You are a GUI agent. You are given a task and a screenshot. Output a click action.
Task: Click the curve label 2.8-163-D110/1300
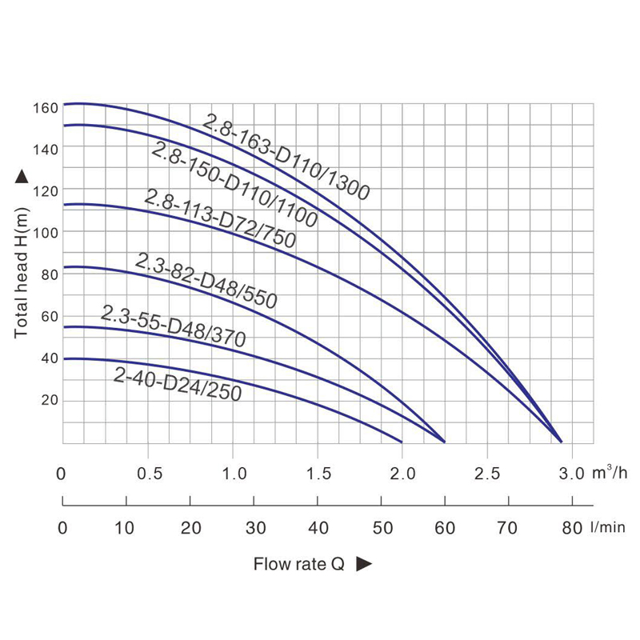pos(286,157)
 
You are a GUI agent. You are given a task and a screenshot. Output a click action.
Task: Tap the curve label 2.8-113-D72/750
pos(219,218)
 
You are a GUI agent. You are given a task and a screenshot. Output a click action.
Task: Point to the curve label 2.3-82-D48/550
pos(206,281)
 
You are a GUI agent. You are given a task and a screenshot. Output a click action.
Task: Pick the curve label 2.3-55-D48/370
pos(173,326)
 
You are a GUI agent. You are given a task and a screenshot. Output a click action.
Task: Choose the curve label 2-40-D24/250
pos(177,385)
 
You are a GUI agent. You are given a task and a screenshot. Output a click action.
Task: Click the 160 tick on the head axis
pos(46,106)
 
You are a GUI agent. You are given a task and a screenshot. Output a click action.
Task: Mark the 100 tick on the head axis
pos(46,232)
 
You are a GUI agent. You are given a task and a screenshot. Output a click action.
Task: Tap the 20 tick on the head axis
pos(50,400)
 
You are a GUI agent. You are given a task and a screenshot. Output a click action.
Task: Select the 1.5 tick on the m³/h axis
pos(318,474)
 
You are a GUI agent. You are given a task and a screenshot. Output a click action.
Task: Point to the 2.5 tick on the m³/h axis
pos(487,474)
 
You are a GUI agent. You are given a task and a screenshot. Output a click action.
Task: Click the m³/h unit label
pos(610,472)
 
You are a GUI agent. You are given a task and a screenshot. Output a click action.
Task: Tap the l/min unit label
pos(608,527)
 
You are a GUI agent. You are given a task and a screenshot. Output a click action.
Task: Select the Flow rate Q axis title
pos(298,564)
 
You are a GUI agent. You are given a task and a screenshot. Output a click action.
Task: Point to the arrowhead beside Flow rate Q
pos(364,564)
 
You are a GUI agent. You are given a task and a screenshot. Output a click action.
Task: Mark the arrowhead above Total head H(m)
pos(22,178)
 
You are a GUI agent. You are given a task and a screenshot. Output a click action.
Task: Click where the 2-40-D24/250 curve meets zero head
pos(401,442)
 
